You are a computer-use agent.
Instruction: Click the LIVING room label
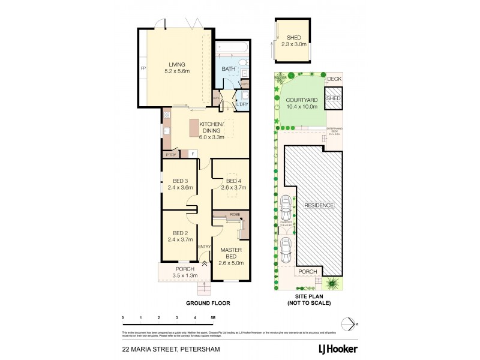(x=177, y=65)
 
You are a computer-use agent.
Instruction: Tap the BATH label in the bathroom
(x=229, y=69)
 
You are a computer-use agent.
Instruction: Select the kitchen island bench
(x=194, y=129)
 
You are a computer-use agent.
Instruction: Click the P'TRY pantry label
(x=170, y=154)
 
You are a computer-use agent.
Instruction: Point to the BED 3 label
(x=181, y=181)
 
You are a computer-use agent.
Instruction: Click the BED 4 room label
(x=233, y=181)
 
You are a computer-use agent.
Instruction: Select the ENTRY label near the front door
(x=205, y=246)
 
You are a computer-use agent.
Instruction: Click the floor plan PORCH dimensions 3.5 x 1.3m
(x=185, y=275)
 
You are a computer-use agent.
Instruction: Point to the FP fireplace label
(x=143, y=68)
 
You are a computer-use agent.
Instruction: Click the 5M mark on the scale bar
(x=212, y=317)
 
